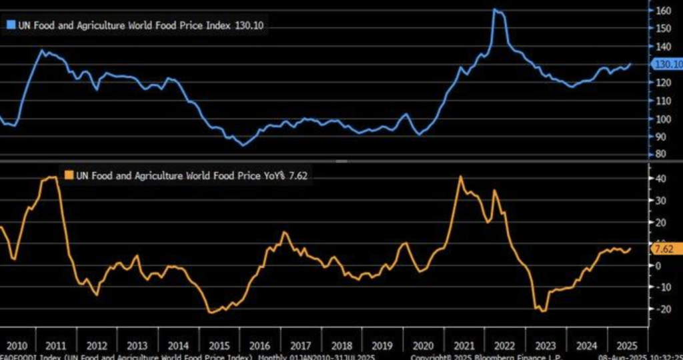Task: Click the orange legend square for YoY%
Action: point(68,175)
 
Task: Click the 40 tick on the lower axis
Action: point(660,178)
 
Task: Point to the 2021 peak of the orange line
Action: point(461,177)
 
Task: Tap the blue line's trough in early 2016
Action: point(244,145)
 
